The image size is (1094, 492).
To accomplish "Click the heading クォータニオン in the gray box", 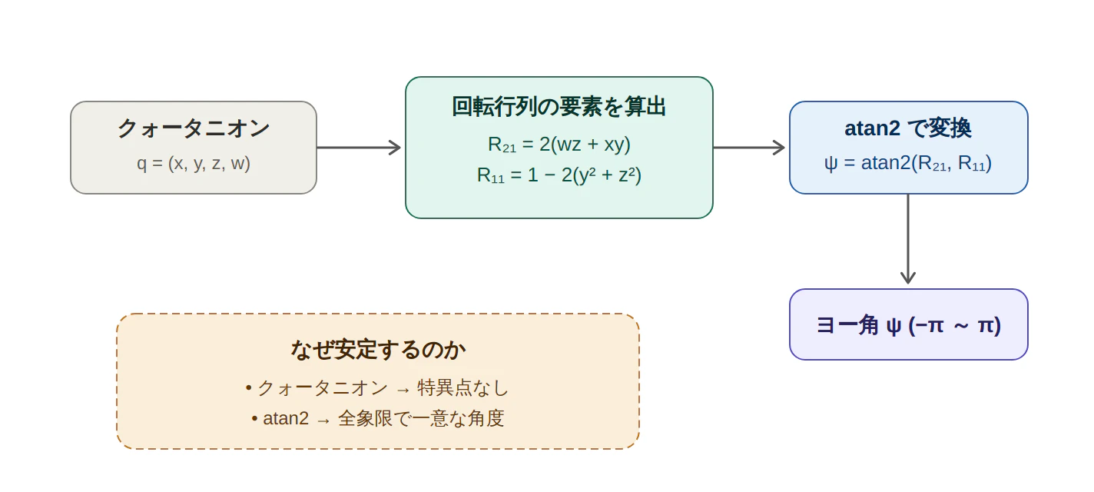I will coord(194,128).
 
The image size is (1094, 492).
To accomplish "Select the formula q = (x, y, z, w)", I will coord(194,164).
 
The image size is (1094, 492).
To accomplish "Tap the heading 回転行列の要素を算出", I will coord(559,107).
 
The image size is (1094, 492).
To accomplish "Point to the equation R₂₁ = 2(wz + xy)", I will coord(559,145).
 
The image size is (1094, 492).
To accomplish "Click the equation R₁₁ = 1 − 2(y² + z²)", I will coord(559,175).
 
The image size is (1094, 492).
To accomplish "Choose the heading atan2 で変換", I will coord(908,128).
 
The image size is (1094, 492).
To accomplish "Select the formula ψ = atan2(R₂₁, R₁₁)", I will coord(908,163).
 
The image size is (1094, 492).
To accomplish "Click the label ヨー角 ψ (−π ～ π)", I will coord(908,325).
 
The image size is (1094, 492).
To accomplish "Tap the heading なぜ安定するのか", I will coord(377,350).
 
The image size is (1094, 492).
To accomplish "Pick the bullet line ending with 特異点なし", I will coord(377,388).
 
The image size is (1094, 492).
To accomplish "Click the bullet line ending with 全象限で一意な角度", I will coord(377,419).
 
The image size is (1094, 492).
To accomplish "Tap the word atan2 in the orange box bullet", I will coord(286,419).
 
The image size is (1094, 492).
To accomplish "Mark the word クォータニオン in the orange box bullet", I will coord(323,388).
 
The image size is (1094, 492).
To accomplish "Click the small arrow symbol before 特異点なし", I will coord(403,390).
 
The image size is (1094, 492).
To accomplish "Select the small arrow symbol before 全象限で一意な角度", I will coord(323,421).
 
